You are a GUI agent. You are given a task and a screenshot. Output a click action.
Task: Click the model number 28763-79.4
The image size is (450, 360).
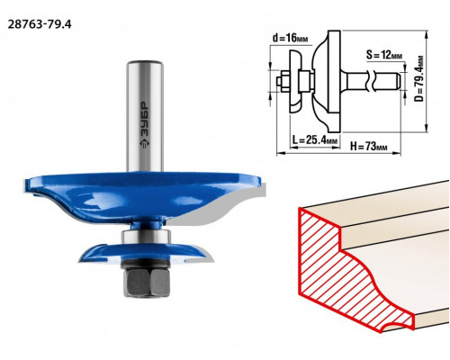point(40,24)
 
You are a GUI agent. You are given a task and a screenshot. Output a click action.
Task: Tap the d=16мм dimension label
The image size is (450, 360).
point(290,38)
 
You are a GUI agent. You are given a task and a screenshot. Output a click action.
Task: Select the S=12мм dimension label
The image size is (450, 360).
point(384,55)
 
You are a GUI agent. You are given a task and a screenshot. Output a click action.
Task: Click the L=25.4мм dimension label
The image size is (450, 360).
point(315,139)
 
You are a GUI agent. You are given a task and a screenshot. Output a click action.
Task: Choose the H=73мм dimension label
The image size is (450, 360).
point(368,147)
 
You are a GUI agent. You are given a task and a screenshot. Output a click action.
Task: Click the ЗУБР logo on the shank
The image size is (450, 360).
point(145,125)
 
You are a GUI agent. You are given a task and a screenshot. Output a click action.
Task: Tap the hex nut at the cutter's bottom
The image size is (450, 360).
point(146,283)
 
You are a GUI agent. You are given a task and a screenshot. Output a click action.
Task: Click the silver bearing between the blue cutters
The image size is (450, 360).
point(146,236)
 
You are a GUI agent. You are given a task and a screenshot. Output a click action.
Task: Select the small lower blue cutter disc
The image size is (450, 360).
point(146,254)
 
